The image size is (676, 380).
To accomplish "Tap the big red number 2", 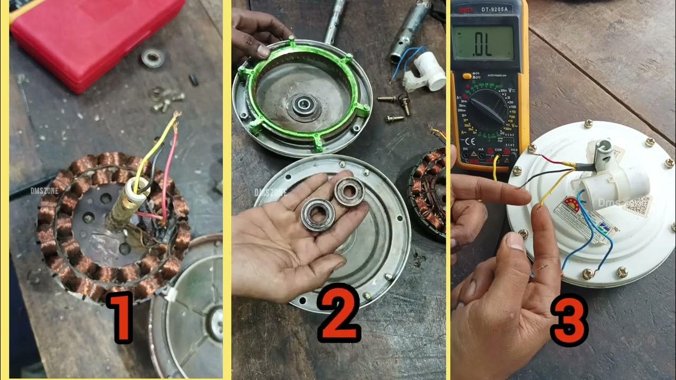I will pyautogui.click(x=339, y=311).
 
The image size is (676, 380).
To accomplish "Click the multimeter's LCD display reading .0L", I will pyautogui.click(x=483, y=43).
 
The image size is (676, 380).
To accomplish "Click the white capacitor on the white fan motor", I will pyautogui.click(x=615, y=185).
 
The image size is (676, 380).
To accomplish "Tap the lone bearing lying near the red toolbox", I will pyautogui.click(x=153, y=58).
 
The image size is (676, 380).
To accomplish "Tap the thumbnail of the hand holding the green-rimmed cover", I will pyautogui.click(x=263, y=51).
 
